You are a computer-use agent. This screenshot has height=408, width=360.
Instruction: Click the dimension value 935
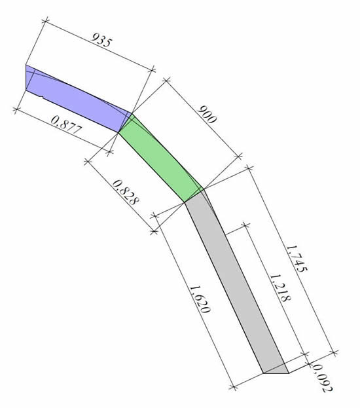coord(102,40)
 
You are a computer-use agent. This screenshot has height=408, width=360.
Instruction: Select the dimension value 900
coord(207,115)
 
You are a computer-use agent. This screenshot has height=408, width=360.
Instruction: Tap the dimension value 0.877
coord(67,125)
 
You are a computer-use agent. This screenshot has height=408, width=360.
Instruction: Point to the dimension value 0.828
coord(126,193)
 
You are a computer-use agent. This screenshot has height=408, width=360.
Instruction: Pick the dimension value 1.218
coord(280,287)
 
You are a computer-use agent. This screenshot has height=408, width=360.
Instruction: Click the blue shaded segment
coord(75,99)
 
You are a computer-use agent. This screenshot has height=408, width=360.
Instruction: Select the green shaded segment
coord(161,158)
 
